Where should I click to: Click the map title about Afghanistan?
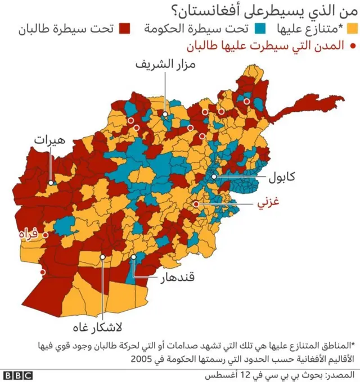click(x=265, y=9)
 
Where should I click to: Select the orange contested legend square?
click(x=353, y=28)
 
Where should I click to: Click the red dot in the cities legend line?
click(x=353, y=47)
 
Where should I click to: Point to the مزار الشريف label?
click(x=165, y=64)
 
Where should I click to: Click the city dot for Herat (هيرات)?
click(x=51, y=183)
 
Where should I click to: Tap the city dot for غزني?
click(x=196, y=204)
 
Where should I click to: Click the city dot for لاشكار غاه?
click(x=103, y=257)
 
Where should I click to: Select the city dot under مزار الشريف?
click(x=165, y=115)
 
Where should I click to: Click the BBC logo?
click(x=17, y=375)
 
